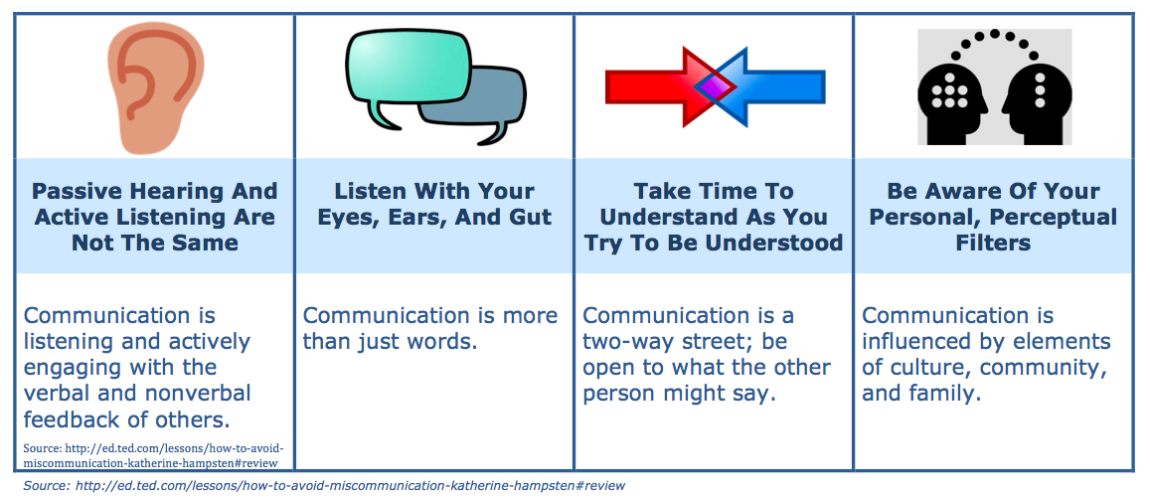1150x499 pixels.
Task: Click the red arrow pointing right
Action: (656, 87)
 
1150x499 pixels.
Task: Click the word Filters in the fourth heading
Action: (993, 243)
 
